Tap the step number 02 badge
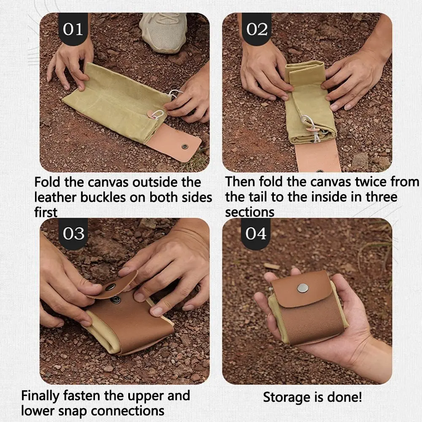pos(257,30)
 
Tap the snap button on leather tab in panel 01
pos(184,146)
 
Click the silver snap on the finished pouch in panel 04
pos(302,288)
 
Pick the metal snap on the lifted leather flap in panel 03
pos(111,287)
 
